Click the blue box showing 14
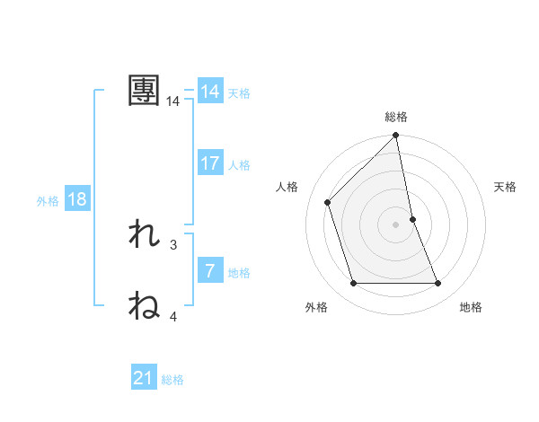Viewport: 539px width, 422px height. click(210, 92)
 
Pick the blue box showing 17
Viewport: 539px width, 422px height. click(210, 163)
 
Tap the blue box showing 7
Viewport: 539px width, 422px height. click(210, 270)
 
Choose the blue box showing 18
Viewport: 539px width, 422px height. click(77, 199)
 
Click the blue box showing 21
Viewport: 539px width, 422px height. click(144, 378)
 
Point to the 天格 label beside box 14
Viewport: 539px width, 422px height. click(239, 93)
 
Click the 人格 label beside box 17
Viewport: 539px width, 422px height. click(239, 165)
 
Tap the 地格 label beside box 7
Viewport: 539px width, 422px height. click(239, 272)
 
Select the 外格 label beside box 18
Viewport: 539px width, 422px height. click(48, 201)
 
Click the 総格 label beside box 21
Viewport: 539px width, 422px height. click(172, 380)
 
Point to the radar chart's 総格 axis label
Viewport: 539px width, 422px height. click(396, 117)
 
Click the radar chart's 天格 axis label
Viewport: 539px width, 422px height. click(506, 187)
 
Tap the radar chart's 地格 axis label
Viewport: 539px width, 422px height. click(471, 307)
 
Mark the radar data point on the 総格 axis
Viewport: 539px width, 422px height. click(396, 136)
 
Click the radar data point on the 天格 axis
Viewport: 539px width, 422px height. click(412, 219)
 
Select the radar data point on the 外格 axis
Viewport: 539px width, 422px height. click(354, 284)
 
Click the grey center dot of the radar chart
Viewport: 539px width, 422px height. click(396, 224)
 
